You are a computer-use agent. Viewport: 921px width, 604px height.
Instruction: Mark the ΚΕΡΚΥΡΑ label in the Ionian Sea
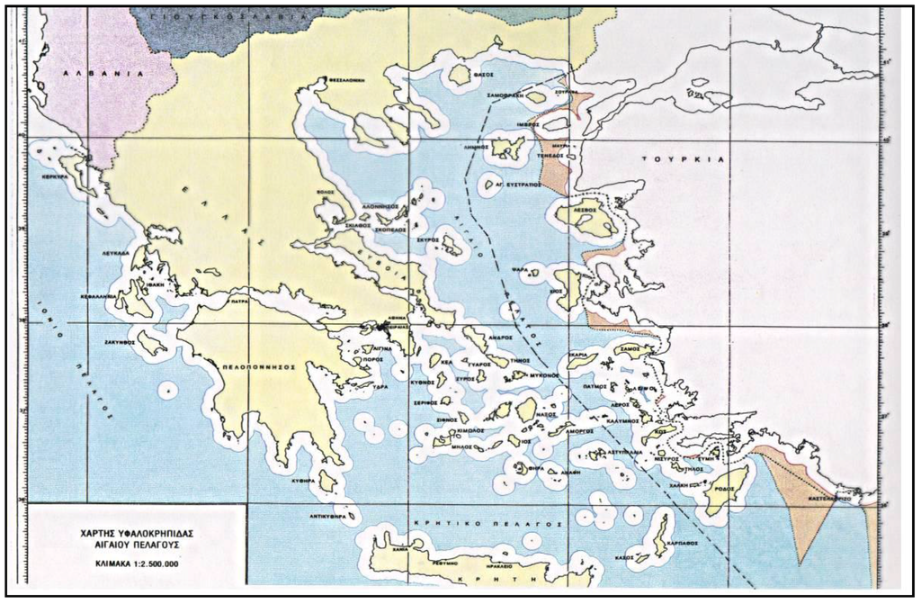click(x=56, y=177)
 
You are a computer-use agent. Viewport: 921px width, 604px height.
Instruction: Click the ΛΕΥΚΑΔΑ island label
click(x=118, y=255)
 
